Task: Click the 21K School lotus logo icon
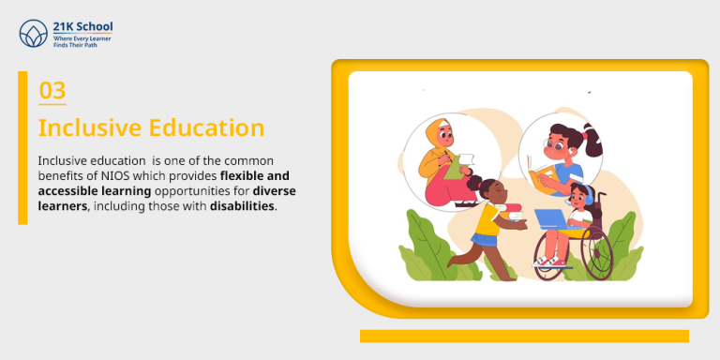click(34, 35)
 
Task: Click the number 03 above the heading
click(52, 91)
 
